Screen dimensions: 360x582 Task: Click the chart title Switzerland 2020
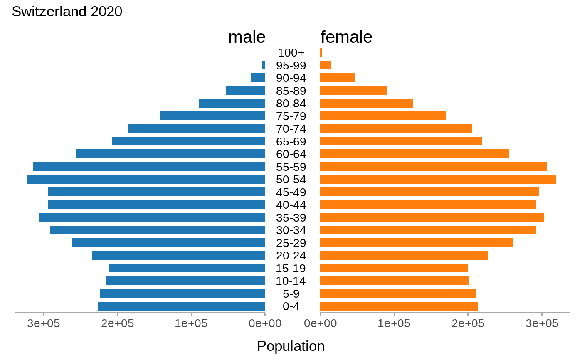click(67, 12)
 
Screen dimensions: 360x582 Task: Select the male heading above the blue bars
click(247, 37)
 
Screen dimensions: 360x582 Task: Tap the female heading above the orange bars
click(346, 37)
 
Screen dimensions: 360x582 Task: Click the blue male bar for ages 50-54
click(145, 179)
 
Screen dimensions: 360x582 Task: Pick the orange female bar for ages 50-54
click(438, 179)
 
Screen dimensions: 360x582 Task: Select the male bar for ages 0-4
click(181, 306)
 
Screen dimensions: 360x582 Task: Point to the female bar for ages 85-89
click(353, 91)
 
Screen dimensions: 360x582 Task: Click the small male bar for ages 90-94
click(258, 78)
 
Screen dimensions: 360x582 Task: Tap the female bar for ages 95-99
click(325, 65)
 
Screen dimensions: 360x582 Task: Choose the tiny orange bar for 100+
click(321, 52)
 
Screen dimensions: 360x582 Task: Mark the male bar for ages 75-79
click(212, 116)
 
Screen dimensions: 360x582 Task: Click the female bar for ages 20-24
click(404, 256)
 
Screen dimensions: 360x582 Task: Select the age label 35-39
click(291, 218)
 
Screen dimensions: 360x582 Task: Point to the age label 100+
click(291, 53)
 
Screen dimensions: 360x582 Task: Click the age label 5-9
click(291, 294)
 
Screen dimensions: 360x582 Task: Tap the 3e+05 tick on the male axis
click(43, 323)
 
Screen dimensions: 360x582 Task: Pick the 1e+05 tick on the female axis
click(394, 323)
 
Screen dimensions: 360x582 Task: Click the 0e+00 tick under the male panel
click(265, 323)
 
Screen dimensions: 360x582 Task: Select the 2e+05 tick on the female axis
click(468, 323)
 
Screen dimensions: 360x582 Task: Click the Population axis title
click(291, 346)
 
